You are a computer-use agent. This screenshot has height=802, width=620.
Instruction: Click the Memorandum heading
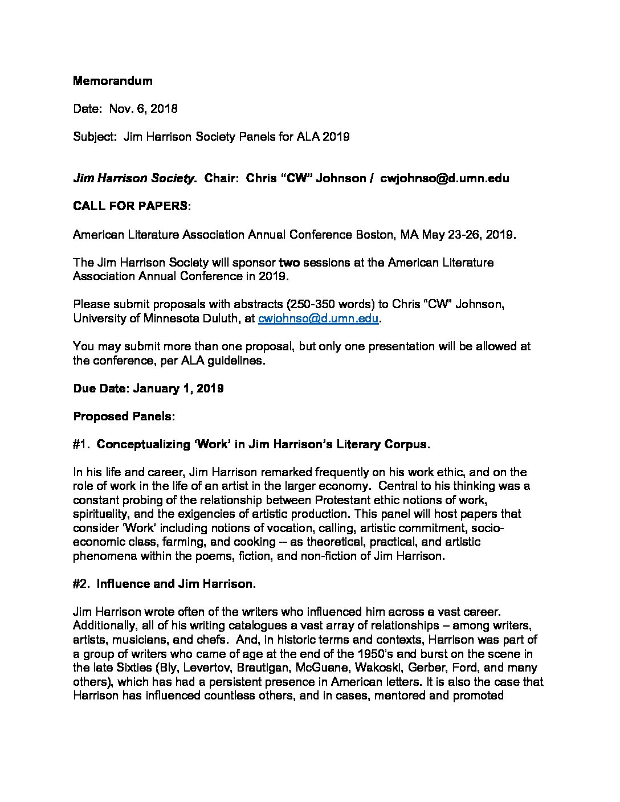click(x=112, y=81)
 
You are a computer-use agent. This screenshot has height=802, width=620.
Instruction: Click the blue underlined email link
click(x=318, y=318)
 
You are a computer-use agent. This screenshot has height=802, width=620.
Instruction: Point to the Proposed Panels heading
click(x=123, y=416)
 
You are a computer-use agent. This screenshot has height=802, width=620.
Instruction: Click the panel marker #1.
click(x=81, y=444)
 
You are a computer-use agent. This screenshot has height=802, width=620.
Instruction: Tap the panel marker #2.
click(x=82, y=584)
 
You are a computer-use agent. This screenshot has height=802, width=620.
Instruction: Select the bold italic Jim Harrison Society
click(x=133, y=178)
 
